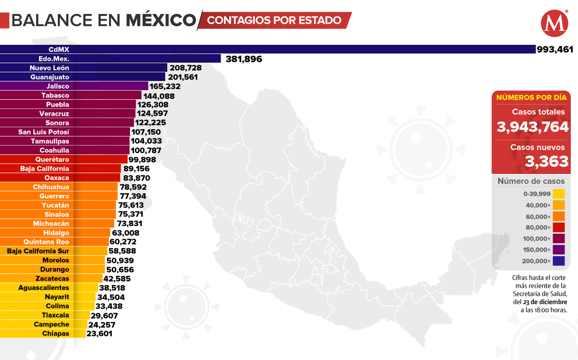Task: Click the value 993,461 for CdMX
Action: point(556,49)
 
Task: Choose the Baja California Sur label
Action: point(38,251)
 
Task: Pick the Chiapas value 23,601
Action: point(99,333)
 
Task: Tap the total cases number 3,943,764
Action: point(533,127)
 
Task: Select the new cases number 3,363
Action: point(547,161)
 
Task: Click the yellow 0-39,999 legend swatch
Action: point(559,194)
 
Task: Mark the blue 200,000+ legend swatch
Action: point(559,261)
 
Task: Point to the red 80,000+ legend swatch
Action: point(559,227)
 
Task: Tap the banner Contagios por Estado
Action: point(275,20)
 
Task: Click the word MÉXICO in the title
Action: point(161,20)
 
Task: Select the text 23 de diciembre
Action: point(544,302)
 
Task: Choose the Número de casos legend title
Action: point(531,181)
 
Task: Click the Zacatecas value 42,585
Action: point(117,279)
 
